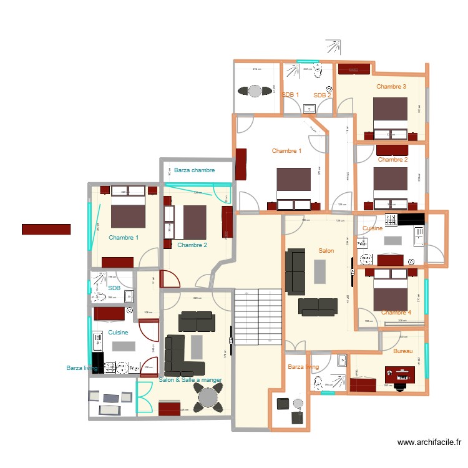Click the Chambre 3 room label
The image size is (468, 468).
click(x=391, y=87)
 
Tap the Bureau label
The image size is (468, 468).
click(x=403, y=351)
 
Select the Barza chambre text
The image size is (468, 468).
click(x=195, y=170)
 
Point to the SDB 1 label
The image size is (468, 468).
click(x=290, y=95)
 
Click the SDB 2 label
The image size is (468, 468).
click(x=322, y=95)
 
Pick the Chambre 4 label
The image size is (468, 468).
click(x=396, y=312)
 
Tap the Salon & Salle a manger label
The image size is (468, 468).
click(x=190, y=379)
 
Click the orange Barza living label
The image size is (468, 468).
click(x=303, y=368)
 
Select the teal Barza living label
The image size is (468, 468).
click(x=82, y=368)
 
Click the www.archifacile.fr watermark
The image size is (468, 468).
click(x=430, y=442)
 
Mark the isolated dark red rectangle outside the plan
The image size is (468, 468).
click(x=46, y=230)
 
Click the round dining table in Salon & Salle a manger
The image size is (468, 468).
click(x=207, y=397)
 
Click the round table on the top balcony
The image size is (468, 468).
click(x=255, y=90)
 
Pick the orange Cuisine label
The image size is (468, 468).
click(x=373, y=228)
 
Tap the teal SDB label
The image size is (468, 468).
click(x=114, y=288)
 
